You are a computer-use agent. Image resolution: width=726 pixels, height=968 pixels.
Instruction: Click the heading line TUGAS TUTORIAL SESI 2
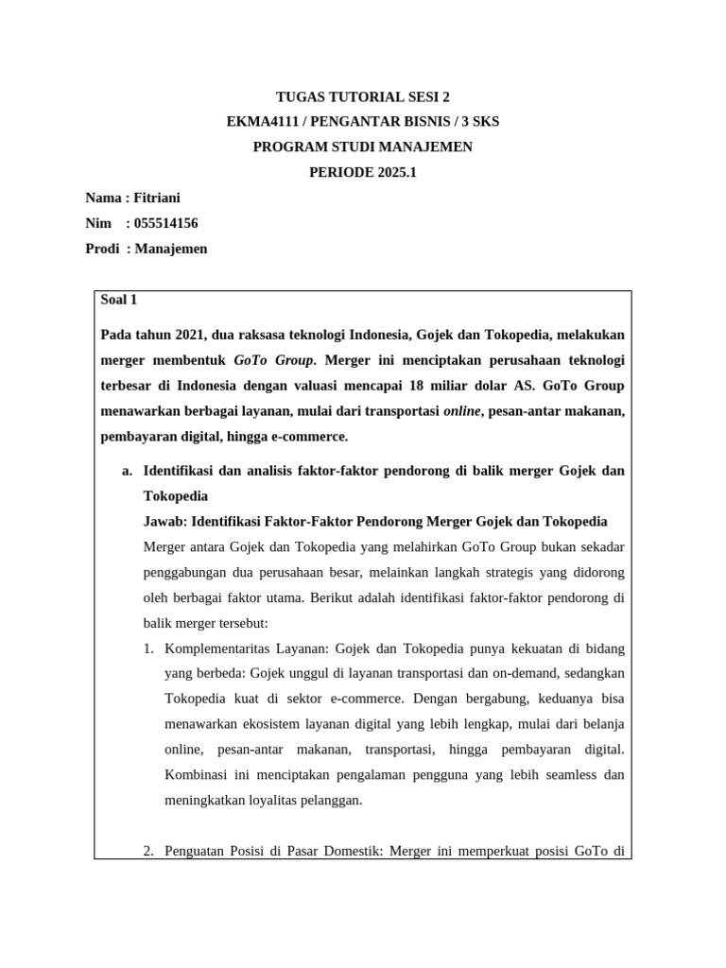point(363,96)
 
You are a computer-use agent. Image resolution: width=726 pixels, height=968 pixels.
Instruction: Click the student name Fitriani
point(161,198)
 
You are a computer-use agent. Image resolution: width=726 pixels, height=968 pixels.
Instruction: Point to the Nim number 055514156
point(166,223)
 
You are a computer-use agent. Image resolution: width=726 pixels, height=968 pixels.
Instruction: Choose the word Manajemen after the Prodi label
point(171,249)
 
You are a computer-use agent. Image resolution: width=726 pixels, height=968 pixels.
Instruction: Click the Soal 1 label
point(119,300)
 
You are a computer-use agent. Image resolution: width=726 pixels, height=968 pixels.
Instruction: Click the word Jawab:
point(164,521)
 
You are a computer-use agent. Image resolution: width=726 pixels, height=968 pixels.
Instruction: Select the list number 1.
point(148,648)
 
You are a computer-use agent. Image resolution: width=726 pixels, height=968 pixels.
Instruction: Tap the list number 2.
point(148,850)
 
